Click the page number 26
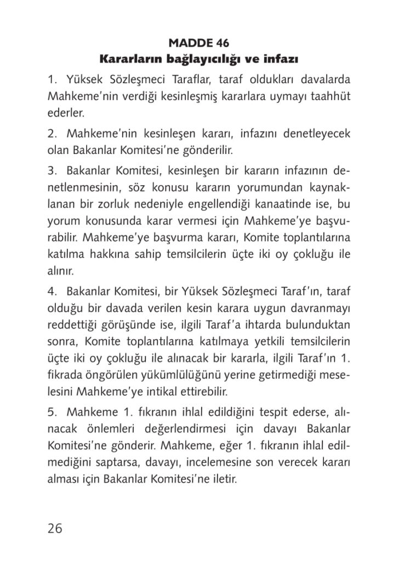point(55,528)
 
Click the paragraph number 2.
point(51,133)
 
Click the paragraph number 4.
point(51,290)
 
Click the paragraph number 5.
point(51,411)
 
